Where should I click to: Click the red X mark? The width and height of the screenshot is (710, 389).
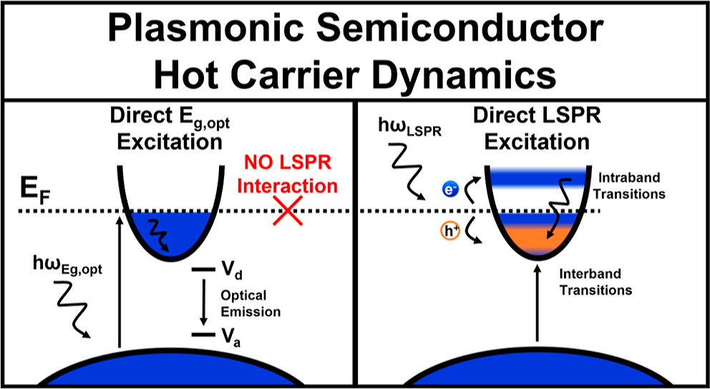tap(285, 213)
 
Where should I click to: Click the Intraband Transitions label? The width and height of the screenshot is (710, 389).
tap(631, 184)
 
